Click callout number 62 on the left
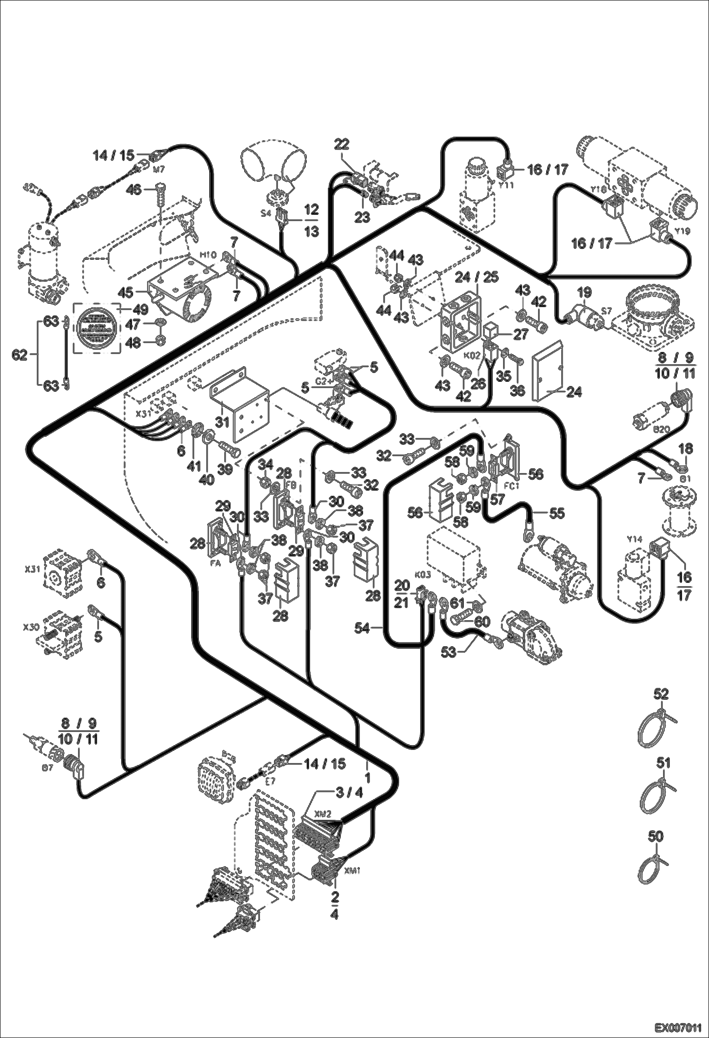tap(20, 354)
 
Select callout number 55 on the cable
tap(558, 513)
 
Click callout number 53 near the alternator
tap(450, 652)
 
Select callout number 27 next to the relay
tap(521, 334)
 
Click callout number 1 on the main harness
tap(367, 777)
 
